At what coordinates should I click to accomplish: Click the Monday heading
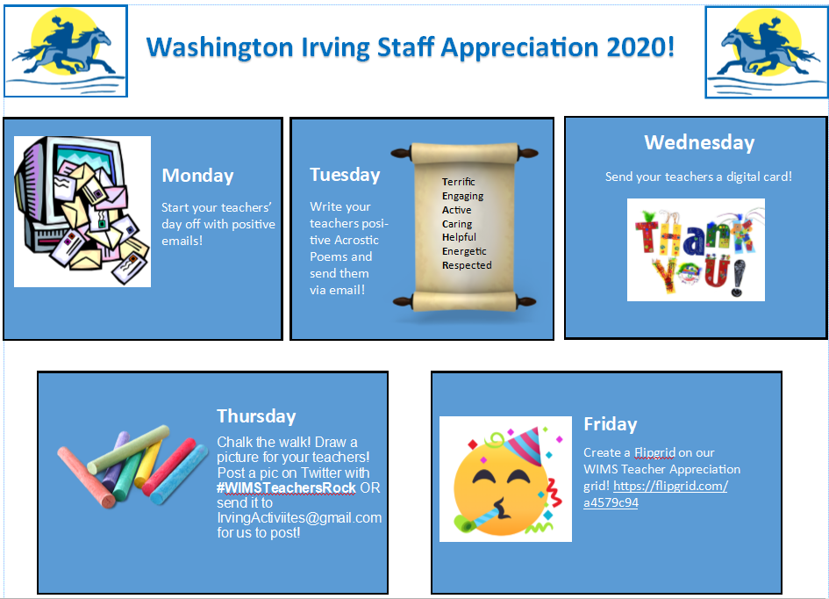point(197,176)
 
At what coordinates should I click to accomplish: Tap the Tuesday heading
point(345,175)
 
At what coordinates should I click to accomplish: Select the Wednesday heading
point(699,142)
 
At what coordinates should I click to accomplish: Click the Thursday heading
point(256,416)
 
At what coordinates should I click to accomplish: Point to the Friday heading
point(610,424)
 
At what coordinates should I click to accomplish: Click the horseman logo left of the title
point(66,51)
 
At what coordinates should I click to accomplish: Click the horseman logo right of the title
point(767,52)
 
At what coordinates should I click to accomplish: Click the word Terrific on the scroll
point(459,182)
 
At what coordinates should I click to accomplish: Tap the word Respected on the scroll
point(467,265)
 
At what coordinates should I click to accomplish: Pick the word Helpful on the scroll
point(459,237)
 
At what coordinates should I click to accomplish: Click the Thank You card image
point(696,249)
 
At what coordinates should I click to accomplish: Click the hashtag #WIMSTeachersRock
point(286,487)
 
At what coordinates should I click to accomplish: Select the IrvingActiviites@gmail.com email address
point(299,517)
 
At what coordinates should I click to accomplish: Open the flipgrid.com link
point(655,494)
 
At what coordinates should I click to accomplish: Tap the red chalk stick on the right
point(169,466)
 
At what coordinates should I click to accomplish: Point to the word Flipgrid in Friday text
point(654,452)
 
